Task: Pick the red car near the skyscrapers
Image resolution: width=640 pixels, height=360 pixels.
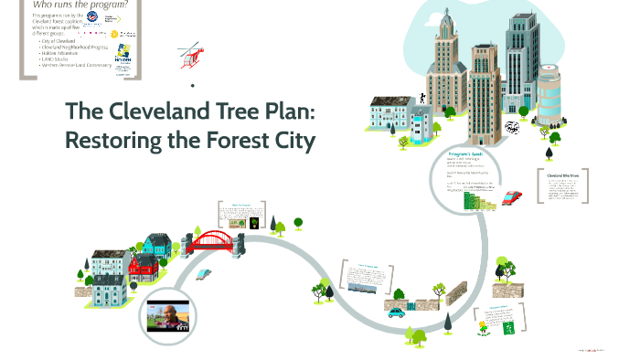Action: point(512,197)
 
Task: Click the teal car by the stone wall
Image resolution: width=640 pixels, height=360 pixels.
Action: point(396,311)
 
